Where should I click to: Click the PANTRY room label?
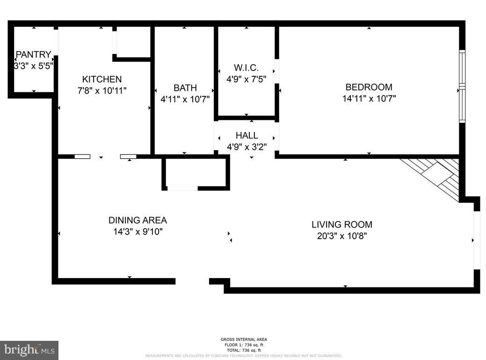[33, 54]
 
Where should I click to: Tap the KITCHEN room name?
[102, 79]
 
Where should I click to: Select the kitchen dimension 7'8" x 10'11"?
[102, 91]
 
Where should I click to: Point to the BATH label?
[185, 88]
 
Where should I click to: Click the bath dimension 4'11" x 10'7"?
[185, 99]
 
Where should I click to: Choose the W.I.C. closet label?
[246, 68]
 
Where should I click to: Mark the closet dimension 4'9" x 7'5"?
[246, 80]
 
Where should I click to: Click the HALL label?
[247, 135]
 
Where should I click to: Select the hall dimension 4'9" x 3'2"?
[247, 147]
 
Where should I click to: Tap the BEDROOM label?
[369, 87]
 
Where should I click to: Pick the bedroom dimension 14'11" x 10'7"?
[369, 99]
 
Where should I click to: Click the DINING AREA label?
[138, 220]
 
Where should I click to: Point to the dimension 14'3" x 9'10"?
[138, 232]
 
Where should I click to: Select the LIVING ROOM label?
[342, 225]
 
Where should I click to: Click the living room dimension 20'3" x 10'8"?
[342, 236]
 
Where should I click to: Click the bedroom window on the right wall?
[462, 86]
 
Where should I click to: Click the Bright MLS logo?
[29, 350]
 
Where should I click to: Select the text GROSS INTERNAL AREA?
[244, 339]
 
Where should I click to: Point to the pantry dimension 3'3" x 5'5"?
[33, 66]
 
